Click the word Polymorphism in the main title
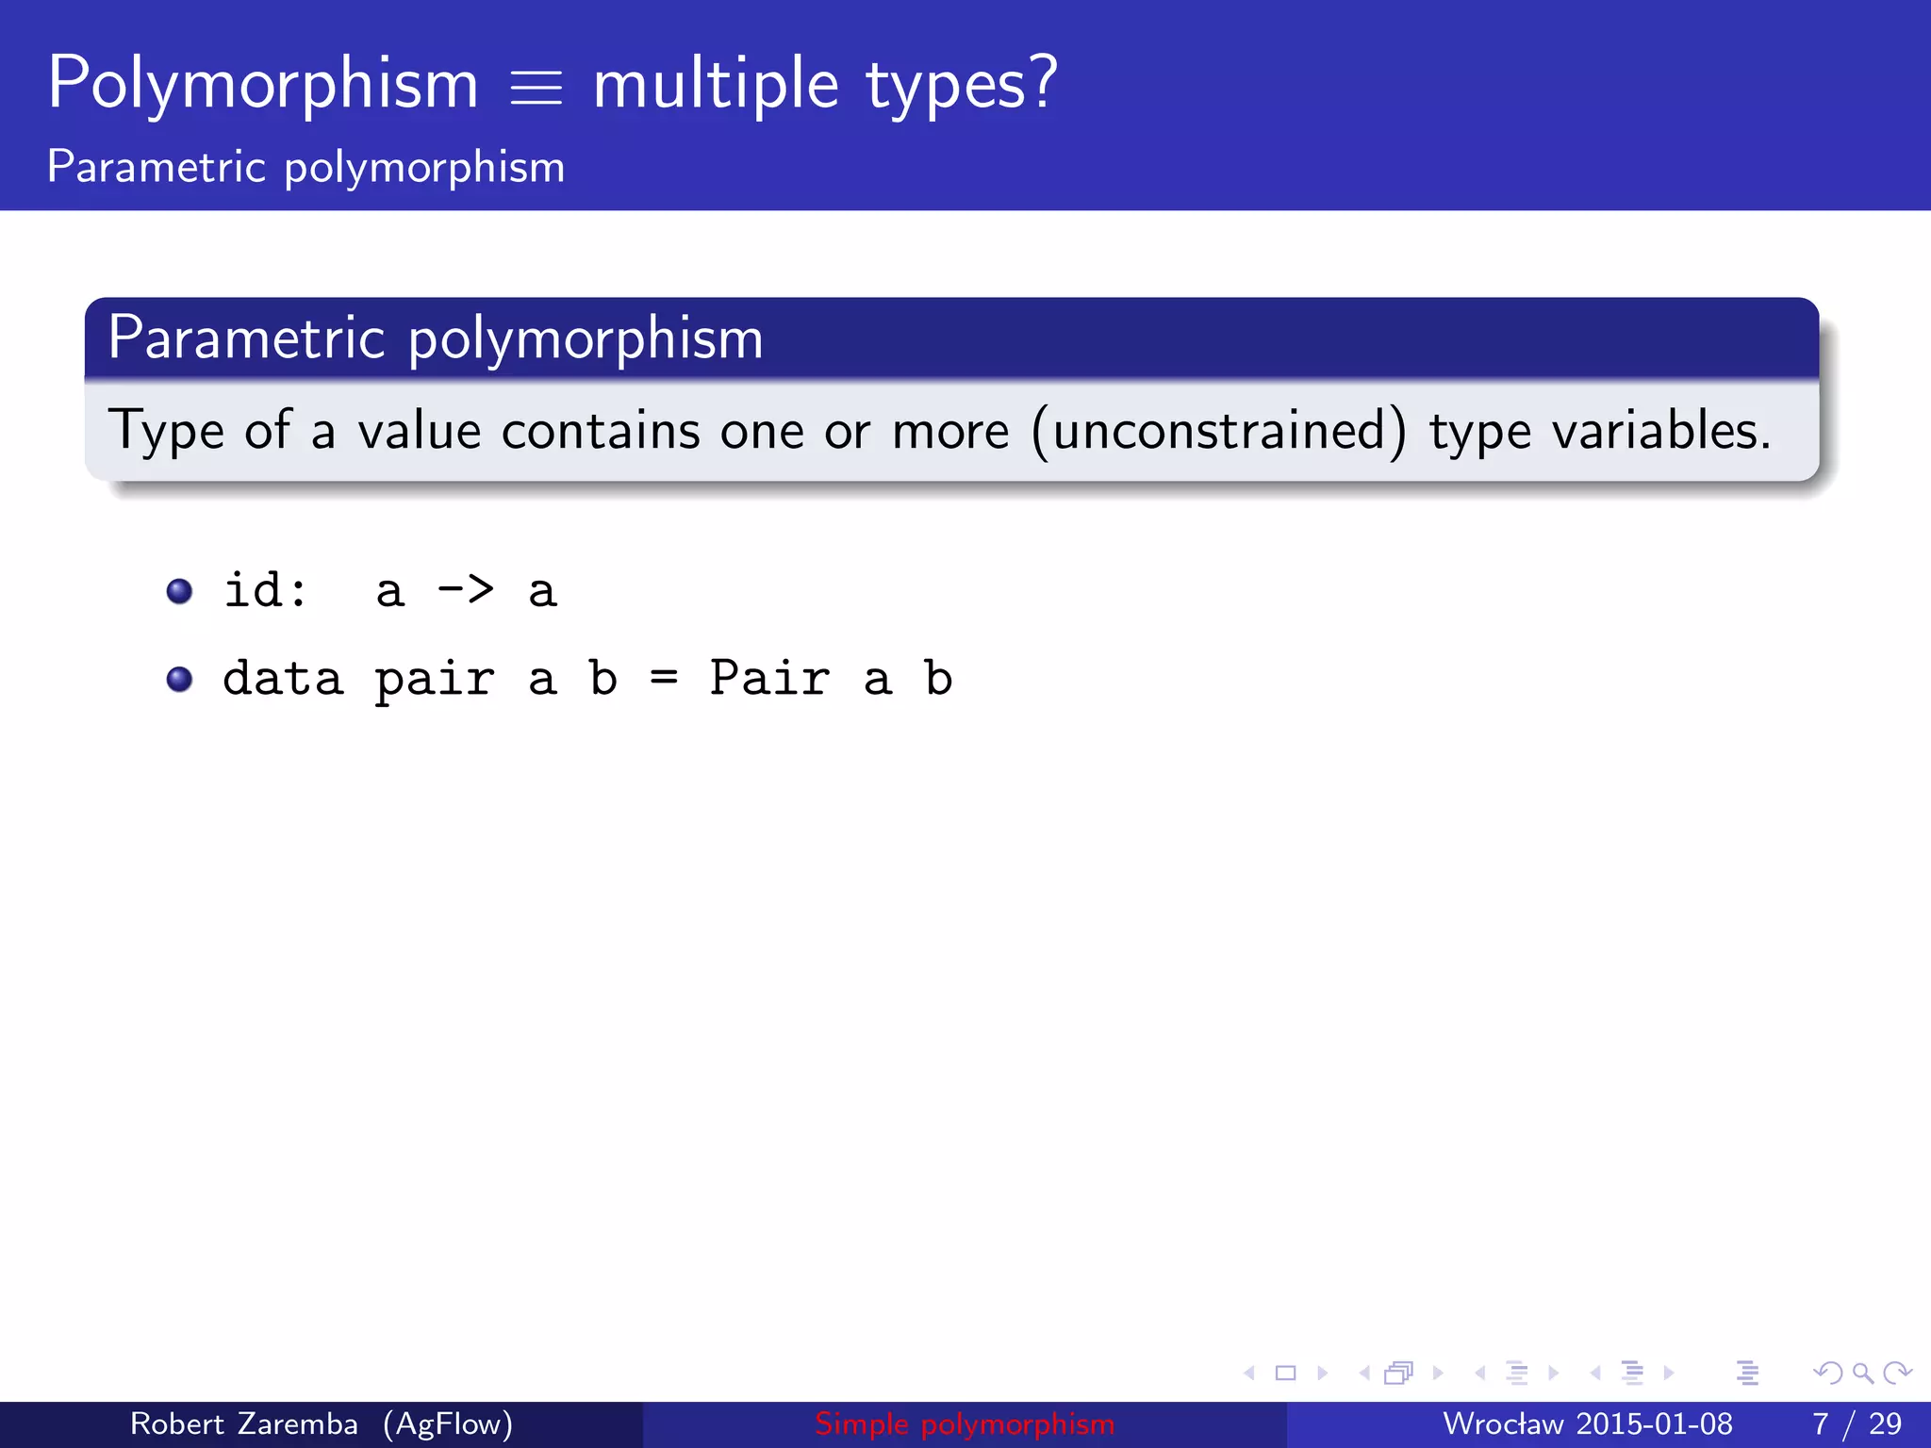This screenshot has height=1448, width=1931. click(263, 85)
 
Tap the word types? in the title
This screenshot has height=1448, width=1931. click(962, 85)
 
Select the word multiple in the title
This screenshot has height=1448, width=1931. click(716, 85)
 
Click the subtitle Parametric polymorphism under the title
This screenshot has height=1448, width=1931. click(305, 167)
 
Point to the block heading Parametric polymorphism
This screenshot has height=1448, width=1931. click(435, 337)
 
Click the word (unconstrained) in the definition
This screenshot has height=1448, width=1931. click(1219, 431)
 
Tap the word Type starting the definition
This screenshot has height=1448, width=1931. click(166, 431)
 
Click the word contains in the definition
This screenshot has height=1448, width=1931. click(601, 431)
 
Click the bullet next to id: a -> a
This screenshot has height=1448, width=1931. click(179, 591)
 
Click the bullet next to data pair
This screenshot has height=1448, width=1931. click(179, 679)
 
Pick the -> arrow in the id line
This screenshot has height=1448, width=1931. click(466, 591)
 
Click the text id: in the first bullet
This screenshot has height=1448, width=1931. click(265, 591)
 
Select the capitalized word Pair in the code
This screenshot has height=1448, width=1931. click(769, 679)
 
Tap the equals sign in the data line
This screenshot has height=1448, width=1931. click(664, 679)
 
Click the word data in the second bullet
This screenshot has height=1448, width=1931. click(283, 679)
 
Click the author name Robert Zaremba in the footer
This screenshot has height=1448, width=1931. click(243, 1423)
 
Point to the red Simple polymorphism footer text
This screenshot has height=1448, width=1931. click(965, 1423)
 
